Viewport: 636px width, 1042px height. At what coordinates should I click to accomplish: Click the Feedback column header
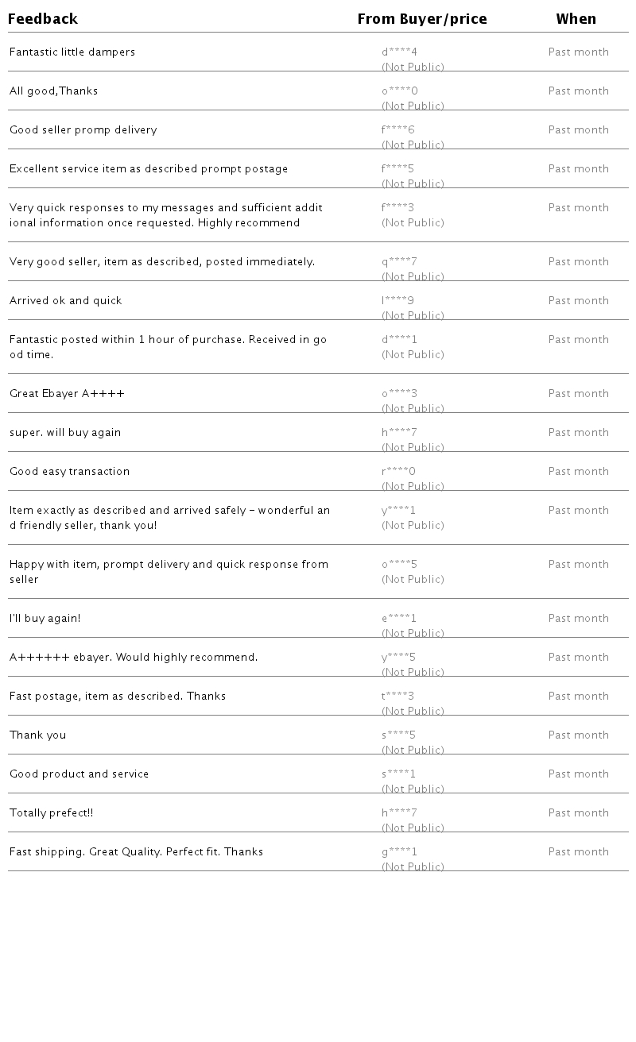pos(43,19)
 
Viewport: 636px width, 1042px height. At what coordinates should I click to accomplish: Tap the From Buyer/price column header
pos(422,19)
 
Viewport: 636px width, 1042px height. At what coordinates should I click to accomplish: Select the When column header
pos(576,19)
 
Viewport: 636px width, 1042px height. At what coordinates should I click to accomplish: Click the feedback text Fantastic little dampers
pos(72,52)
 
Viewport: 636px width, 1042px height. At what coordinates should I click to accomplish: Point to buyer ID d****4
pos(399,52)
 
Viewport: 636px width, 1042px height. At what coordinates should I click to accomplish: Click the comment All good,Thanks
pos(54,91)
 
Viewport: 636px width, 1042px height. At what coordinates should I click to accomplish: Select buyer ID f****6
pos(398,130)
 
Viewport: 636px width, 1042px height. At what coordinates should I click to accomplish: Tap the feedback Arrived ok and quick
pos(66,301)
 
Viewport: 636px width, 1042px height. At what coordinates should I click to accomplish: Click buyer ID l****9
pos(397,301)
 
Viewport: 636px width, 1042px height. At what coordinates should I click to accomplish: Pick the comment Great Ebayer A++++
pos(68,394)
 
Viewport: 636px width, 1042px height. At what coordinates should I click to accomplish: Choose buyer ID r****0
pos(398,472)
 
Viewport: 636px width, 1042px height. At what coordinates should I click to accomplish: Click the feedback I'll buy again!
pos(45,619)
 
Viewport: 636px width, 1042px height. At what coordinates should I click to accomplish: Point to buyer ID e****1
pos(399,619)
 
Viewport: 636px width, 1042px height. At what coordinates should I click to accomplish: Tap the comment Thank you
pos(38,735)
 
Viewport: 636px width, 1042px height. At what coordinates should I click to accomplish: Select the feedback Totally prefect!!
pos(52,813)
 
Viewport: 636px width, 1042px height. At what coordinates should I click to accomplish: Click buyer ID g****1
pos(399,852)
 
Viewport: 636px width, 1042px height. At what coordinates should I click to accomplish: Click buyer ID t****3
pos(398,697)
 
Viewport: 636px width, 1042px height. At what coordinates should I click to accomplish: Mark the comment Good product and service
pos(79,774)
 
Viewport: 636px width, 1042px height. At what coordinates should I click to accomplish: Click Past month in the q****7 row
pos(579,262)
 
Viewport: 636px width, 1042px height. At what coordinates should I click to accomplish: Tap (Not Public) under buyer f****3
pos(413,223)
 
